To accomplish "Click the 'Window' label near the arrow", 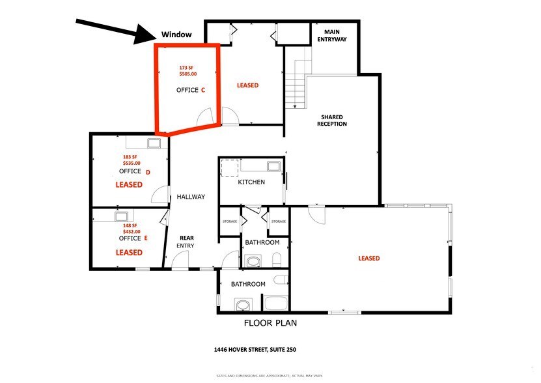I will [176, 34].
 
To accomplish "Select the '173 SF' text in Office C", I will [187, 66].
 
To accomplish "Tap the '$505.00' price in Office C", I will [187, 74].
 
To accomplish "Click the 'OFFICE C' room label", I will [190, 90].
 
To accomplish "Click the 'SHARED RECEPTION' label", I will [333, 121].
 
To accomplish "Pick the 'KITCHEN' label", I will [251, 182].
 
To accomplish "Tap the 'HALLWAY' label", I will [191, 197].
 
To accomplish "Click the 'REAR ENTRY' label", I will [185, 241].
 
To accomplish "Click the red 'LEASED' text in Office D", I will [129, 185].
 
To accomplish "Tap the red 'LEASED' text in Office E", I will [129, 252].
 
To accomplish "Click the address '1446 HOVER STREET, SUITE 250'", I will [255, 350].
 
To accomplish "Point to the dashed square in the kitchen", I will [229, 169].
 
